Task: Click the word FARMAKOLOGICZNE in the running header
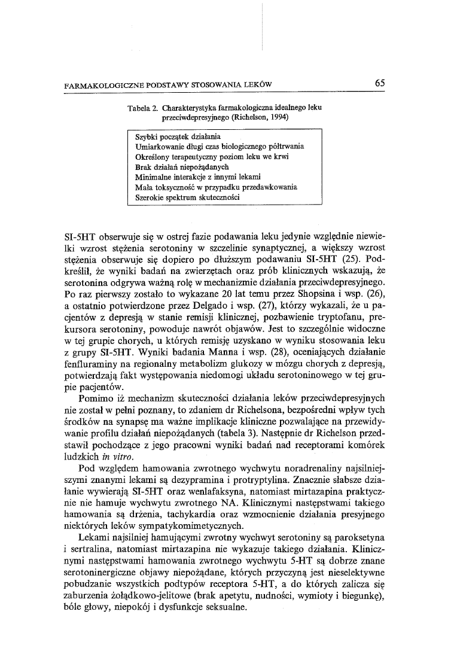(x=101, y=84)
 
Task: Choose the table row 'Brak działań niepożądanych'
(x=183, y=168)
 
